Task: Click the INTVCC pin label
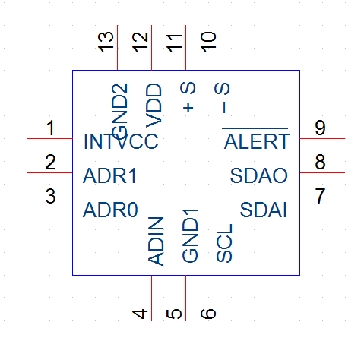[x=121, y=141]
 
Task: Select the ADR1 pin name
[x=109, y=175]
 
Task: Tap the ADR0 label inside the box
[x=110, y=210]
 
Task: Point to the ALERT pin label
[x=257, y=141]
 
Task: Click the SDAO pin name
[x=258, y=175]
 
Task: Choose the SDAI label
[x=263, y=210]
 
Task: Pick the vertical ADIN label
[x=156, y=242]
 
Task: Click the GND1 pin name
[x=190, y=235]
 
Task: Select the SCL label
[x=224, y=243]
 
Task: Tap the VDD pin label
[x=154, y=106]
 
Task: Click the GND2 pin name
[x=119, y=112]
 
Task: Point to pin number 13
[x=106, y=42]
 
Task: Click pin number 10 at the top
[x=208, y=42]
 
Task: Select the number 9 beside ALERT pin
[x=320, y=128]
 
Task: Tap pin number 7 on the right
[x=320, y=196]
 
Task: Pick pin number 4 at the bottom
[x=140, y=314]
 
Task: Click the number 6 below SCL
[x=208, y=314]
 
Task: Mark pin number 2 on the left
[x=50, y=162]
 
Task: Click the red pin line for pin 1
[x=49, y=138]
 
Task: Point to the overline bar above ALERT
[x=255, y=128]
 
